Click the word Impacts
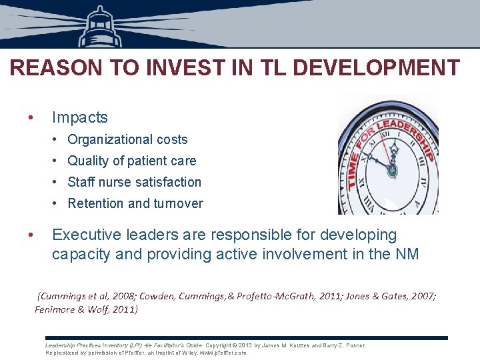(x=79, y=117)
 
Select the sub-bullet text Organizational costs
(x=127, y=139)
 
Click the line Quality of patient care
(x=131, y=161)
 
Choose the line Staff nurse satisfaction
(x=134, y=182)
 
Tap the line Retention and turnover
(x=135, y=203)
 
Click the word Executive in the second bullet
(x=87, y=235)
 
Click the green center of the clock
(x=392, y=170)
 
